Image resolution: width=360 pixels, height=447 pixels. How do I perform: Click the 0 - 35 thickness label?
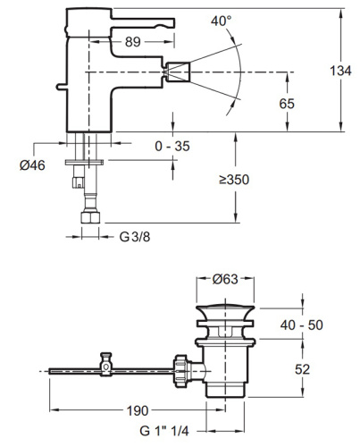(172, 144)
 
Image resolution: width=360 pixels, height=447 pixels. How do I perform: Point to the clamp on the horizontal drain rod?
(105, 365)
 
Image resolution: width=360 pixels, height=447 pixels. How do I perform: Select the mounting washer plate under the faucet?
(87, 161)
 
